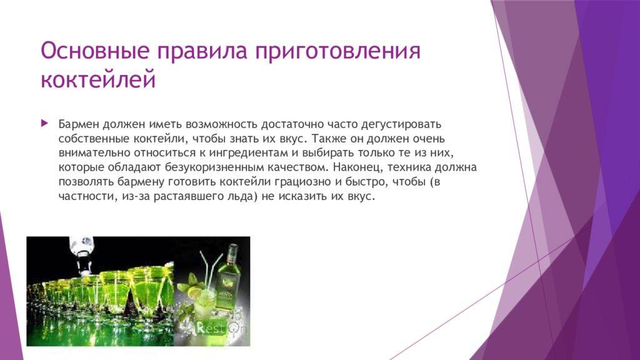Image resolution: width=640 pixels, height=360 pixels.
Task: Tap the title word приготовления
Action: [x=338, y=52]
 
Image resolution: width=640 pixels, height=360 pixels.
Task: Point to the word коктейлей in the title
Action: [x=98, y=79]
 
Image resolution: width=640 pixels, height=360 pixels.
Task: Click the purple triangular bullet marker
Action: [x=44, y=123]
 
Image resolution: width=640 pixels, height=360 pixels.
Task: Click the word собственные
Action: [x=94, y=138]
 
